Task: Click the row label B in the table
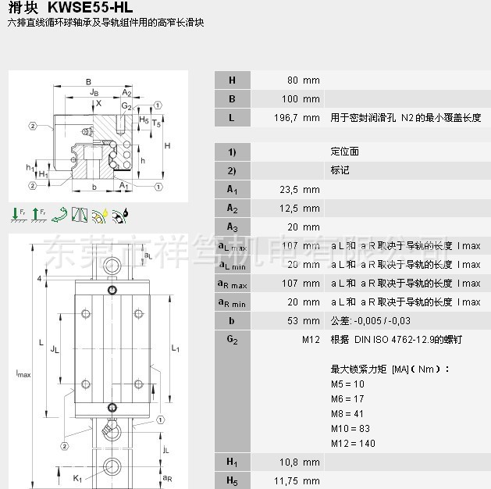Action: pyautogui.click(x=232, y=99)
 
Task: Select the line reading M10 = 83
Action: pyautogui.click(x=350, y=429)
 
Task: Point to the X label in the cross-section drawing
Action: pyautogui.click(x=98, y=103)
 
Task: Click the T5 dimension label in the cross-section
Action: pyautogui.click(x=156, y=123)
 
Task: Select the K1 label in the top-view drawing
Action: pyautogui.click(x=77, y=477)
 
